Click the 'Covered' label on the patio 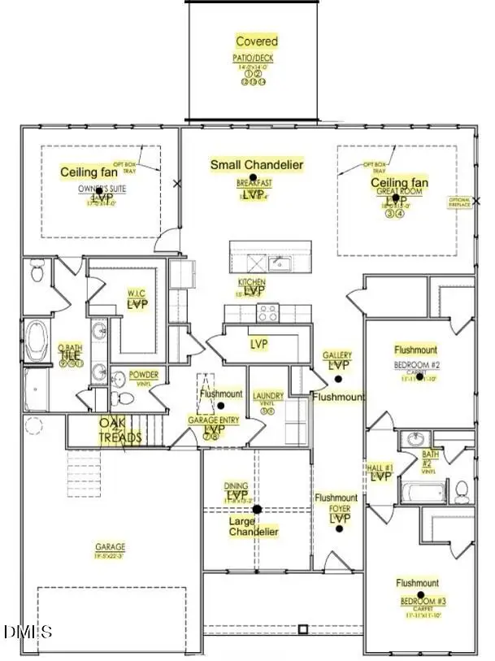(x=256, y=41)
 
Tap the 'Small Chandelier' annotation (x=256, y=165)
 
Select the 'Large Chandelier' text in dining (x=254, y=526)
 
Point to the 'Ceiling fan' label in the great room (x=399, y=183)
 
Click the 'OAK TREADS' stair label (x=120, y=430)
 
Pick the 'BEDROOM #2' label (x=417, y=363)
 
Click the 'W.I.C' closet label (x=136, y=294)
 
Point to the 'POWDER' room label (x=144, y=375)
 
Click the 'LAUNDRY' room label (x=268, y=396)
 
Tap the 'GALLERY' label (x=337, y=356)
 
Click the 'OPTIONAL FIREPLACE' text (x=461, y=204)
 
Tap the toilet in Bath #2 (x=461, y=490)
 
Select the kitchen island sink (x=280, y=262)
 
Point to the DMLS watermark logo (x=27, y=631)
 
